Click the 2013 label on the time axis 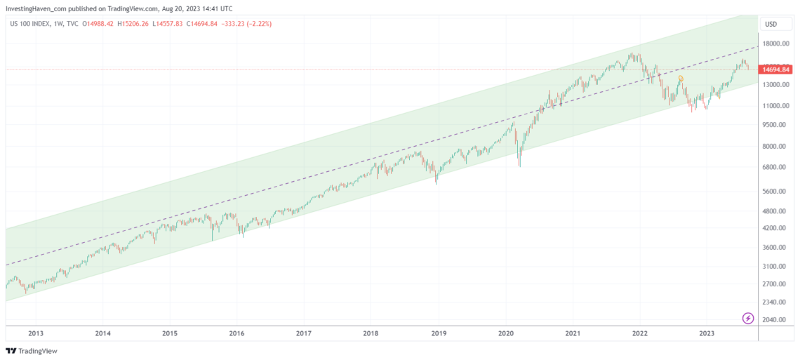pos(36,333)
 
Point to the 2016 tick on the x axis pos(236,333)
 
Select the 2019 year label pos(439,333)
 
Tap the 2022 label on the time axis pos(639,333)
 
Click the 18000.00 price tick pos(775,44)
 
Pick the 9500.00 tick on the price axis pos(775,125)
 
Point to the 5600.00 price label pos(775,191)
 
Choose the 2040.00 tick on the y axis pos(775,319)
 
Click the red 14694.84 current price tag pos(776,69)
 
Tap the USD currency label pos(771,24)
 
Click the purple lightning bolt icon pos(748,319)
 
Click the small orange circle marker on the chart pos(681,78)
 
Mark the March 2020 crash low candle pos(519,166)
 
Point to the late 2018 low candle pos(436,183)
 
